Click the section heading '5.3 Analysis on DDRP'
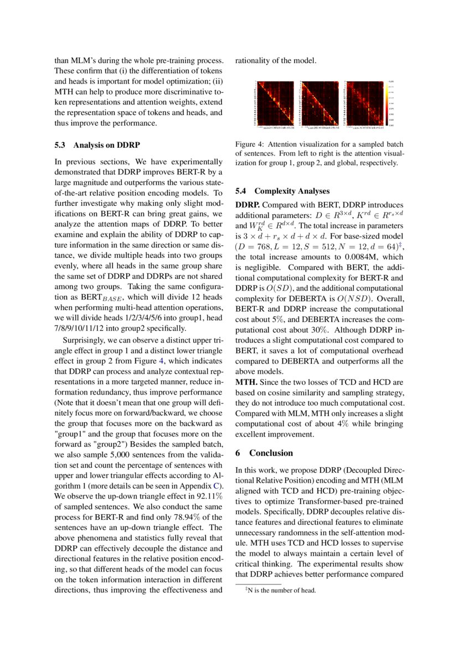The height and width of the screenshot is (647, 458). point(97,145)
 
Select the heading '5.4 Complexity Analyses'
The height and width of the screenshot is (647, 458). point(282,191)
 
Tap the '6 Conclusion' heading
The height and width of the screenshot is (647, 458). point(264,453)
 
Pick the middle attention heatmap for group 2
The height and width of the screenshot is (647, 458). point(319,104)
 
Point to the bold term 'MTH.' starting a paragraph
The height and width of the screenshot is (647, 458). point(246,382)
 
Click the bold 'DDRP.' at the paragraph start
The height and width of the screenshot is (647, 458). point(248,205)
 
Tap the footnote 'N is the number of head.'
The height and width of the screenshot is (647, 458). point(282,590)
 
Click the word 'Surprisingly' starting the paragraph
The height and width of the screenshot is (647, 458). point(83,339)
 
